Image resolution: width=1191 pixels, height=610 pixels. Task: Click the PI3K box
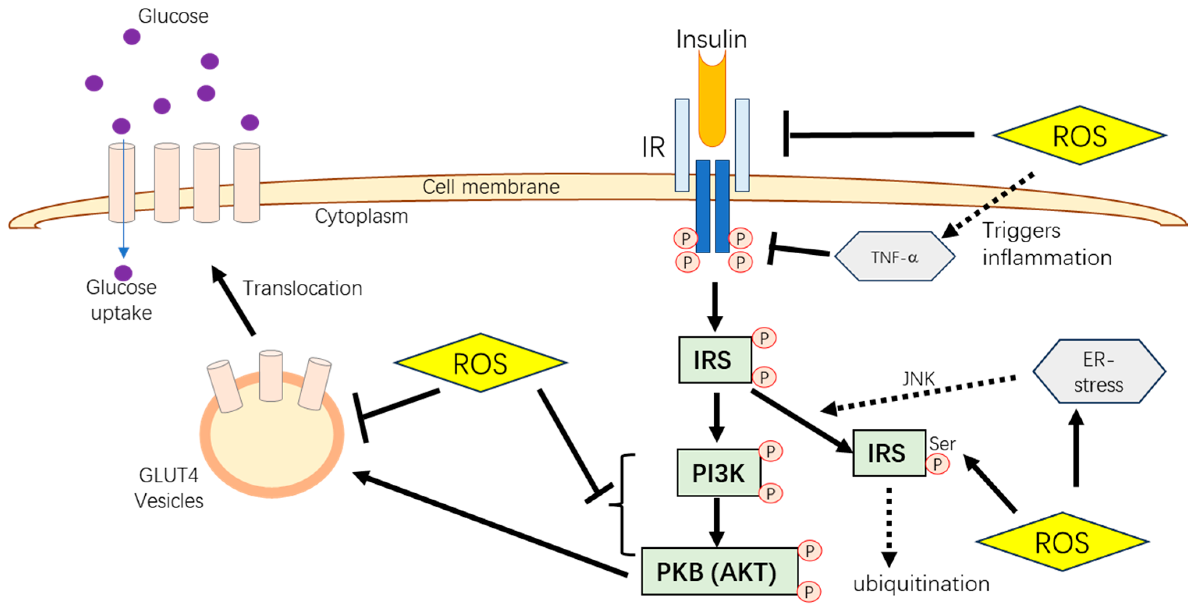pyautogui.click(x=718, y=473)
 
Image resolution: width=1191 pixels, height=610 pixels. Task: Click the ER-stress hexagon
pyautogui.click(x=1099, y=372)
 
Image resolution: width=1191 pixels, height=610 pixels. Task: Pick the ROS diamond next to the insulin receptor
pyautogui.click(x=1079, y=135)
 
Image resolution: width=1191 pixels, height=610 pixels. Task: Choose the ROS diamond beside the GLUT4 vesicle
pyautogui.click(x=480, y=363)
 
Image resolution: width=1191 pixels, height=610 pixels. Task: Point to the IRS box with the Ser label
pyautogui.click(x=888, y=453)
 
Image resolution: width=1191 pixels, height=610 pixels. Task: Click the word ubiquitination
pyautogui.click(x=921, y=583)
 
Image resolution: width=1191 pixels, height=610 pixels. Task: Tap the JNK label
pyautogui.click(x=919, y=379)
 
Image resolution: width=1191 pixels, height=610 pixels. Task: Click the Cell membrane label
pyautogui.click(x=491, y=187)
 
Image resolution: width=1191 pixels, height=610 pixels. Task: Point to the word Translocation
pyautogui.click(x=302, y=288)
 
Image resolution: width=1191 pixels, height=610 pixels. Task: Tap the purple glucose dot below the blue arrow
pyautogui.click(x=123, y=272)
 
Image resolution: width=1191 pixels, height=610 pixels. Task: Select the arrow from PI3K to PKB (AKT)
pyautogui.click(x=716, y=522)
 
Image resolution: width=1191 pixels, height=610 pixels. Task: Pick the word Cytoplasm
pyautogui.click(x=361, y=216)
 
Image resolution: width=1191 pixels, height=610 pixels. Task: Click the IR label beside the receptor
pyautogui.click(x=653, y=148)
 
